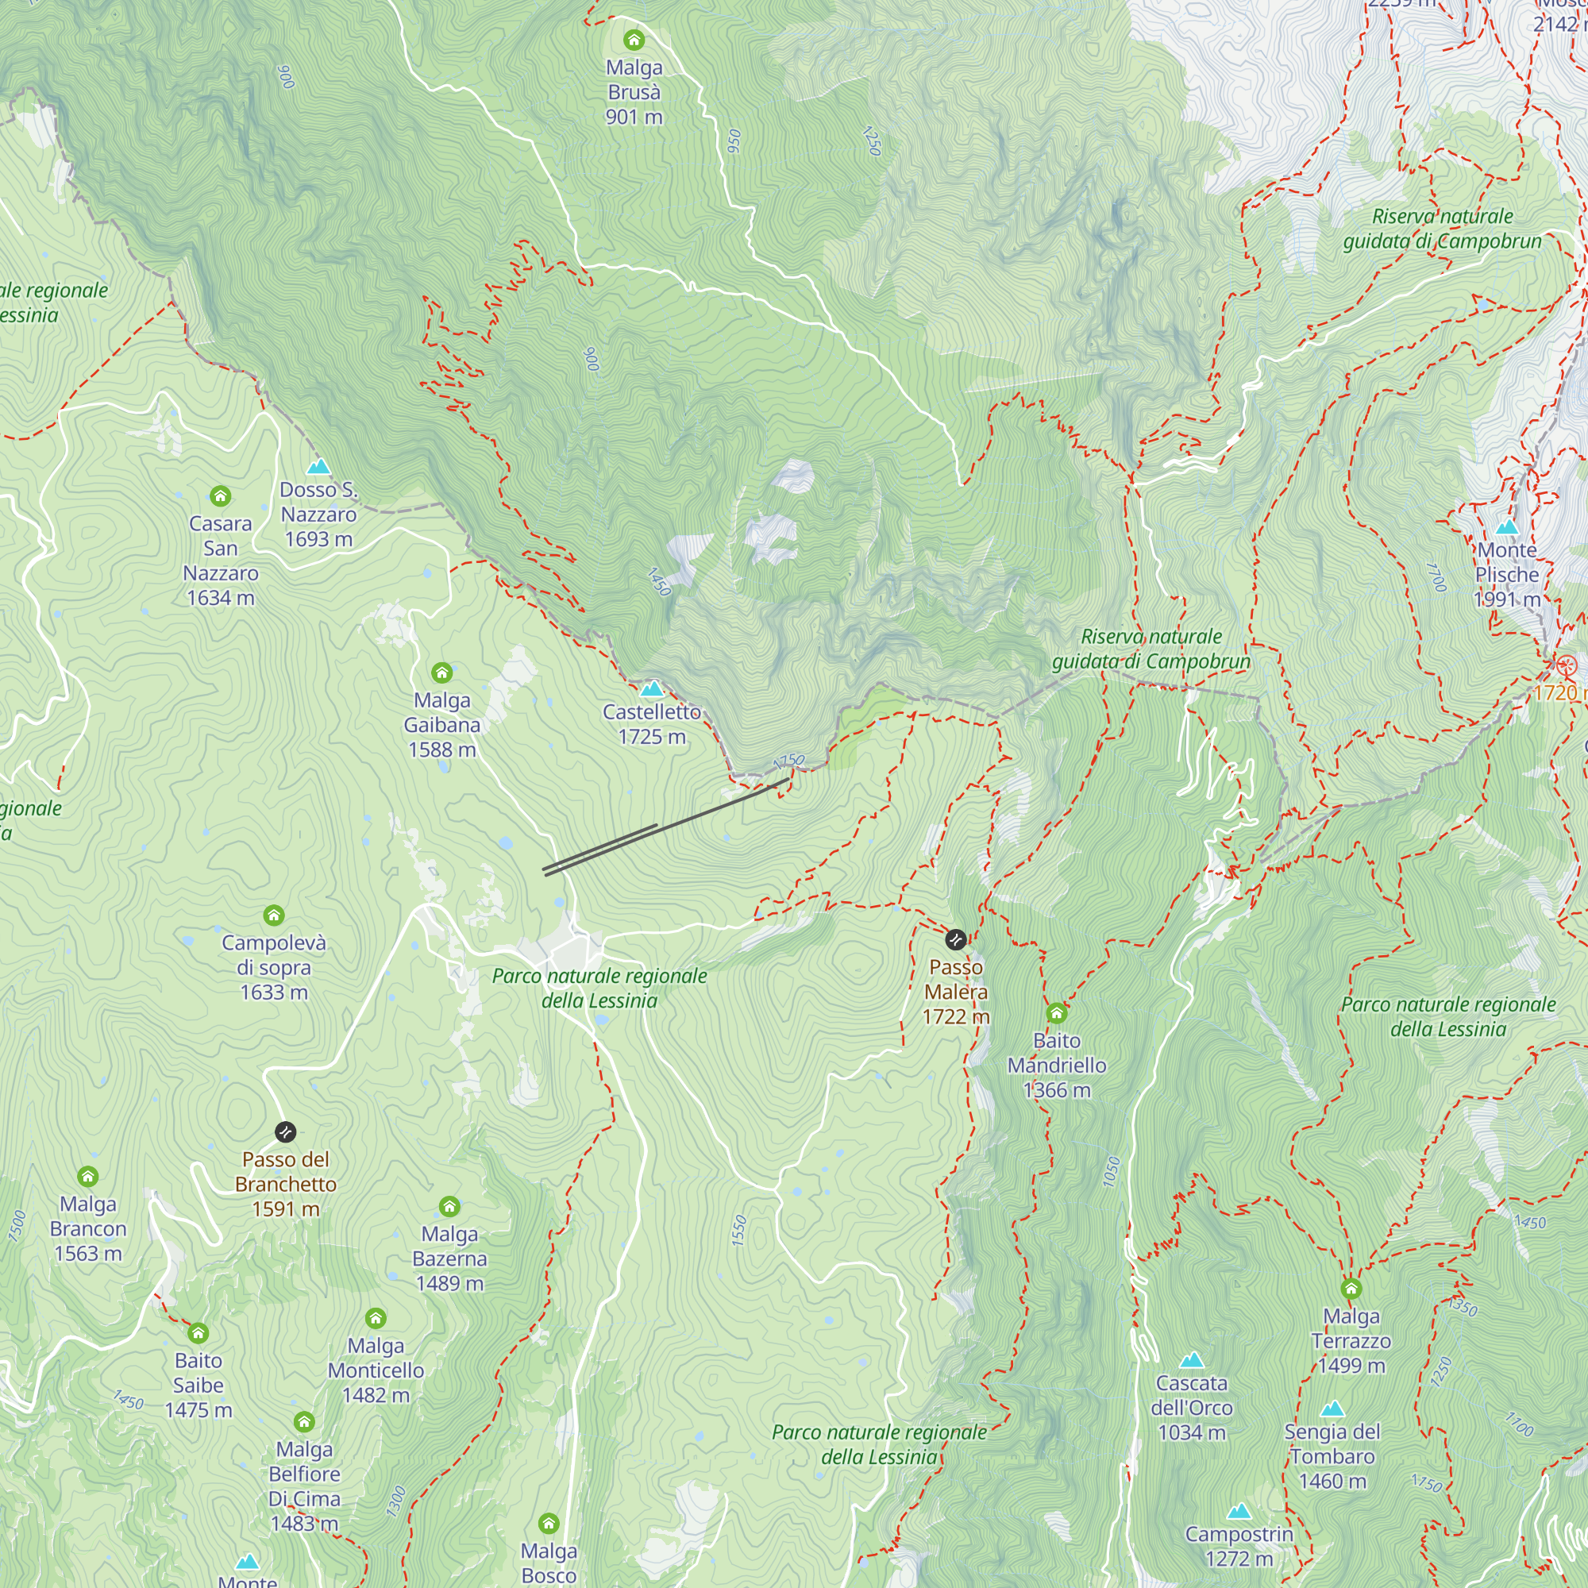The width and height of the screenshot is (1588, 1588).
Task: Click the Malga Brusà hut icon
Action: click(634, 40)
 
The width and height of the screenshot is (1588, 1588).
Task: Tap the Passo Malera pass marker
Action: click(956, 939)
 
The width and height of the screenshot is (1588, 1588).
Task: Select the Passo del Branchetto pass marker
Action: click(285, 1131)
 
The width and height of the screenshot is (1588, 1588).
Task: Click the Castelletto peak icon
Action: click(652, 688)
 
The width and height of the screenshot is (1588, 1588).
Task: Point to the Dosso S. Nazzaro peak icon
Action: click(318, 467)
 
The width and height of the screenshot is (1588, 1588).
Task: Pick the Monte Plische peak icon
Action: click(1507, 527)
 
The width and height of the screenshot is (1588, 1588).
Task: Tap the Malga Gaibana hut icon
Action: click(442, 673)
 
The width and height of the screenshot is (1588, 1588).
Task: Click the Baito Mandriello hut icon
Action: click(1057, 1012)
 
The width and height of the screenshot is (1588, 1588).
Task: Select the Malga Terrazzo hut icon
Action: click(1351, 1289)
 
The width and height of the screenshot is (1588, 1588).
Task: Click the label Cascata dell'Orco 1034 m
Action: click(1192, 1408)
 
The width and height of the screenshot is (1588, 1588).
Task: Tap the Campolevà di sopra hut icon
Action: click(274, 915)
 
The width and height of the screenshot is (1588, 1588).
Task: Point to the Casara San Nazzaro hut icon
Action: click(220, 495)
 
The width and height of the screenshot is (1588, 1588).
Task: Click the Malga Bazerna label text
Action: click(449, 1258)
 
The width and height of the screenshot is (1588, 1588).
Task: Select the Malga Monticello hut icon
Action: click(376, 1318)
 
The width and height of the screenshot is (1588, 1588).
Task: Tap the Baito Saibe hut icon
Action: click(198, 1333)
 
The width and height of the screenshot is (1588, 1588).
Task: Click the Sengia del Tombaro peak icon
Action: click(1332, 1409)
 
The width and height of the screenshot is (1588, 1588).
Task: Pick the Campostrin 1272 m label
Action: click(1239, 1546)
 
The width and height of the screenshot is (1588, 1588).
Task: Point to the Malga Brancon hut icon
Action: click(88, 1176)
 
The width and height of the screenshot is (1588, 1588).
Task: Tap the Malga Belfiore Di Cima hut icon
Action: click(304, 1422)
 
